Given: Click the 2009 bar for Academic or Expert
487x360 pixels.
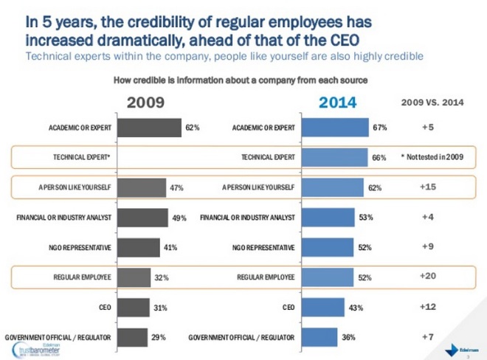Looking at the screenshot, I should (x=149, y=128).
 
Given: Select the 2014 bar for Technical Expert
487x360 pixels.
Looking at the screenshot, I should (x=335, y=158).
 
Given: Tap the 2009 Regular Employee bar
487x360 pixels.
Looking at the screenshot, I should (x=134, y=277).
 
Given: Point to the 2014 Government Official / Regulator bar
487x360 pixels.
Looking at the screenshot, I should (x=320, y=337).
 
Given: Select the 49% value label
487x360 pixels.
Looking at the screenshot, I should (x=179, y=218).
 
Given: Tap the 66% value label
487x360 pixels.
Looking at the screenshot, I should (x=379, y=158).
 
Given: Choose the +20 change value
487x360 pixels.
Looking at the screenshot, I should (x=427, y=276).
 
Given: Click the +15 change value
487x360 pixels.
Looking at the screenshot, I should (x=427, y=187).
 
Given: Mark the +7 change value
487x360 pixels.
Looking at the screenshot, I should (x=427, y=336).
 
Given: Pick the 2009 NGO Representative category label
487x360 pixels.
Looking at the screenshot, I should (x=77, y=248).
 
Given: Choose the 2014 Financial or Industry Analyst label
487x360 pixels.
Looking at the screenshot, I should (x=248, y=218).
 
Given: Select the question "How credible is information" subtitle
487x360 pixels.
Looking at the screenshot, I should (x=241, y=79).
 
